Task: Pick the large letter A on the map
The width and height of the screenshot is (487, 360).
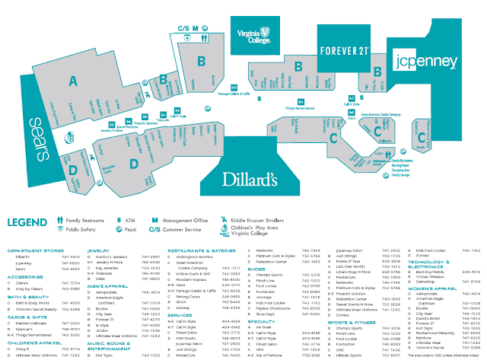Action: [74, 81]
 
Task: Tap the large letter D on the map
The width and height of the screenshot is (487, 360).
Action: [133, 162]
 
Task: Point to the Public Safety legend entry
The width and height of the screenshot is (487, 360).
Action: [82, 228]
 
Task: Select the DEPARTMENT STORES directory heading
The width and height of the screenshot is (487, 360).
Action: [35, 249]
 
